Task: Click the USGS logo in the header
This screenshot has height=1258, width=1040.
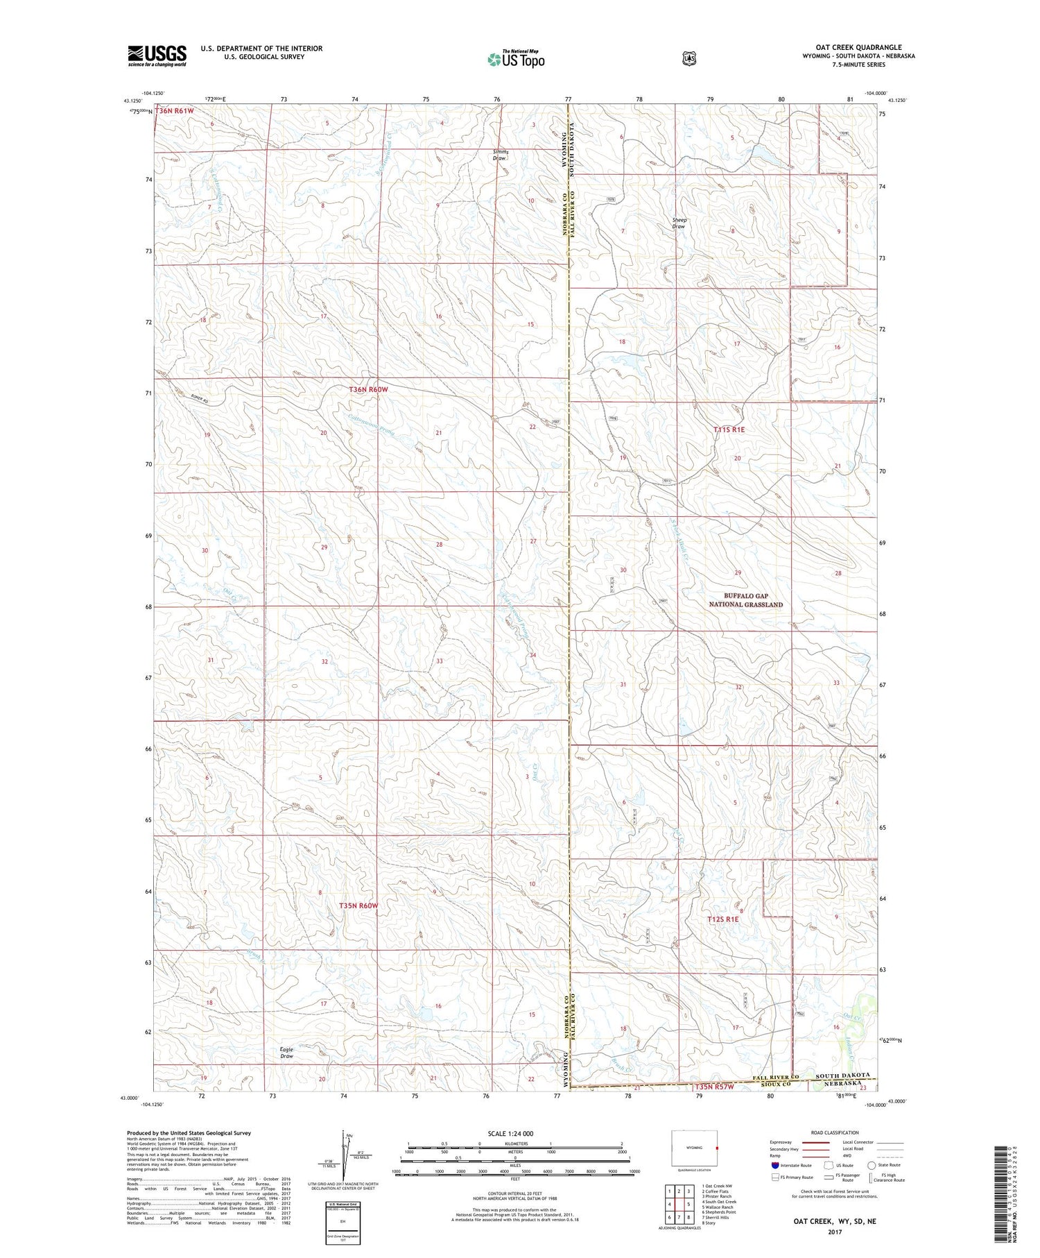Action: coord(157,56)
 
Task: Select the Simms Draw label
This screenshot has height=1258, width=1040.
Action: coord(500,155)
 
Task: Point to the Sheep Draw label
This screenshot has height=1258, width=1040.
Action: coord(679,223)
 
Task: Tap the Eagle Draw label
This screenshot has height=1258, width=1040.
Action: coord(286,1052)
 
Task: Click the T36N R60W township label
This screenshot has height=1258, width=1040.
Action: coord(368,390)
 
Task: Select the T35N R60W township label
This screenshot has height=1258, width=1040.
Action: coord(358,906)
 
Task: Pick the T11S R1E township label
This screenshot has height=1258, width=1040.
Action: coord(729,430)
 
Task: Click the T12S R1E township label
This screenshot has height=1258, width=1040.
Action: coord(723,919)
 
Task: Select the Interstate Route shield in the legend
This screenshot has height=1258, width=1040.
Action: coord(774,1165)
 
